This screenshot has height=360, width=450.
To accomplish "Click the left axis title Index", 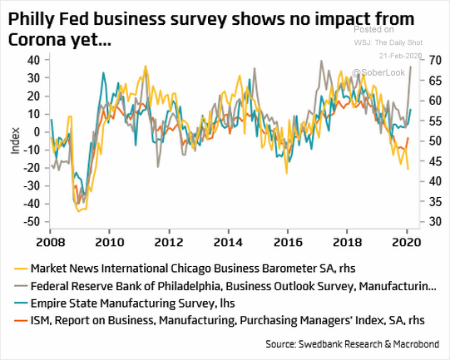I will pos(13,141).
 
